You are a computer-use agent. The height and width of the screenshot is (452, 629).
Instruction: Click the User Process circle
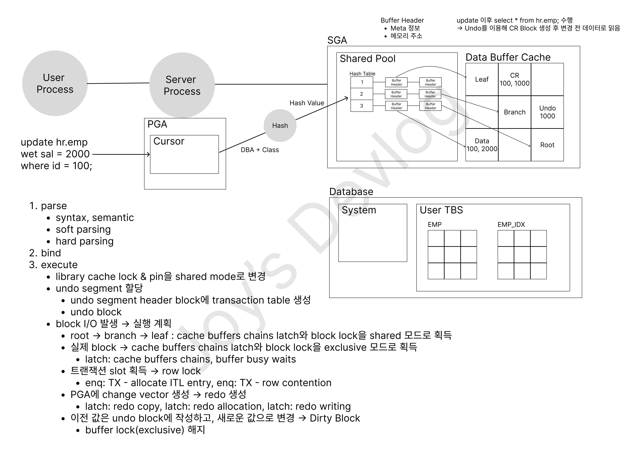coord(55,83)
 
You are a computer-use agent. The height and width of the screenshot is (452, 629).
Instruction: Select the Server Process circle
coord(182,85)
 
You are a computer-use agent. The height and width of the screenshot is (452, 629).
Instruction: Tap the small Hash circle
coord(280,125)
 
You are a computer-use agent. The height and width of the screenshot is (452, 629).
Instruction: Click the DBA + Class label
coord(260,150)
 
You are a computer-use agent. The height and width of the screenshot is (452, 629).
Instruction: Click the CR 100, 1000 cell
coord(515,79)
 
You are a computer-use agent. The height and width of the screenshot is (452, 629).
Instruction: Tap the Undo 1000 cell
coord(547,112)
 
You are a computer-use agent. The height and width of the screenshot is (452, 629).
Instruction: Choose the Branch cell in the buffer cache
coord(515,112)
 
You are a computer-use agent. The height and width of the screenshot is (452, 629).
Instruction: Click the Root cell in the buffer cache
coord(547,145)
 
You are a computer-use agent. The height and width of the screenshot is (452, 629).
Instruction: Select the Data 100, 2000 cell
coord(482,145)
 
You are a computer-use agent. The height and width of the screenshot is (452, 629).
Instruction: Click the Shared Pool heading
coord(367,59)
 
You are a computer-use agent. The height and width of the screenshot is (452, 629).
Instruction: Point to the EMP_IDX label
coord(511,225)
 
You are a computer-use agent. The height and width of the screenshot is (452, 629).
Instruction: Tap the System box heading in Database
coord(359,210)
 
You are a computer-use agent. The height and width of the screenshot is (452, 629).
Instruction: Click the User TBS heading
coord(441,210)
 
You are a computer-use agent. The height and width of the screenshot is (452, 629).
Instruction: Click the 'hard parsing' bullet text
coord(85,241)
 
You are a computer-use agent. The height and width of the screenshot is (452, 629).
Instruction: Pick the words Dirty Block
coord(335,418)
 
